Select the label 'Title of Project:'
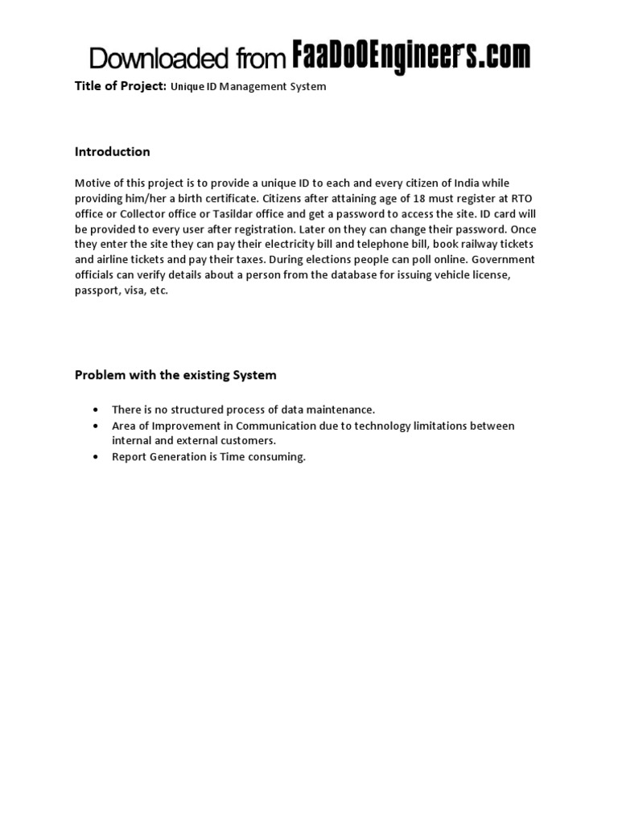(121, 85)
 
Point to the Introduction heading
(112, 151)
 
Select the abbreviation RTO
(501, 199)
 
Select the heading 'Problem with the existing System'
(175, 374)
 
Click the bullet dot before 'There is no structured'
(96, 410)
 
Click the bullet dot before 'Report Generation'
(96, 457)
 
